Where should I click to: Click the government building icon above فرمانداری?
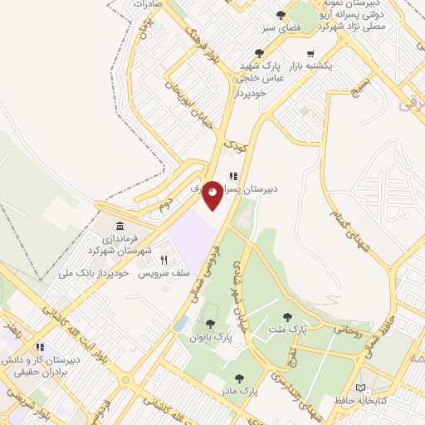121,227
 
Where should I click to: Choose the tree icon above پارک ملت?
288,316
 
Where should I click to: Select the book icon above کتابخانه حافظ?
359,387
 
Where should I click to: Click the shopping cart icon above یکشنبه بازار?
310,54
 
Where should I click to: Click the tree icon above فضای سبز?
281,15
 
